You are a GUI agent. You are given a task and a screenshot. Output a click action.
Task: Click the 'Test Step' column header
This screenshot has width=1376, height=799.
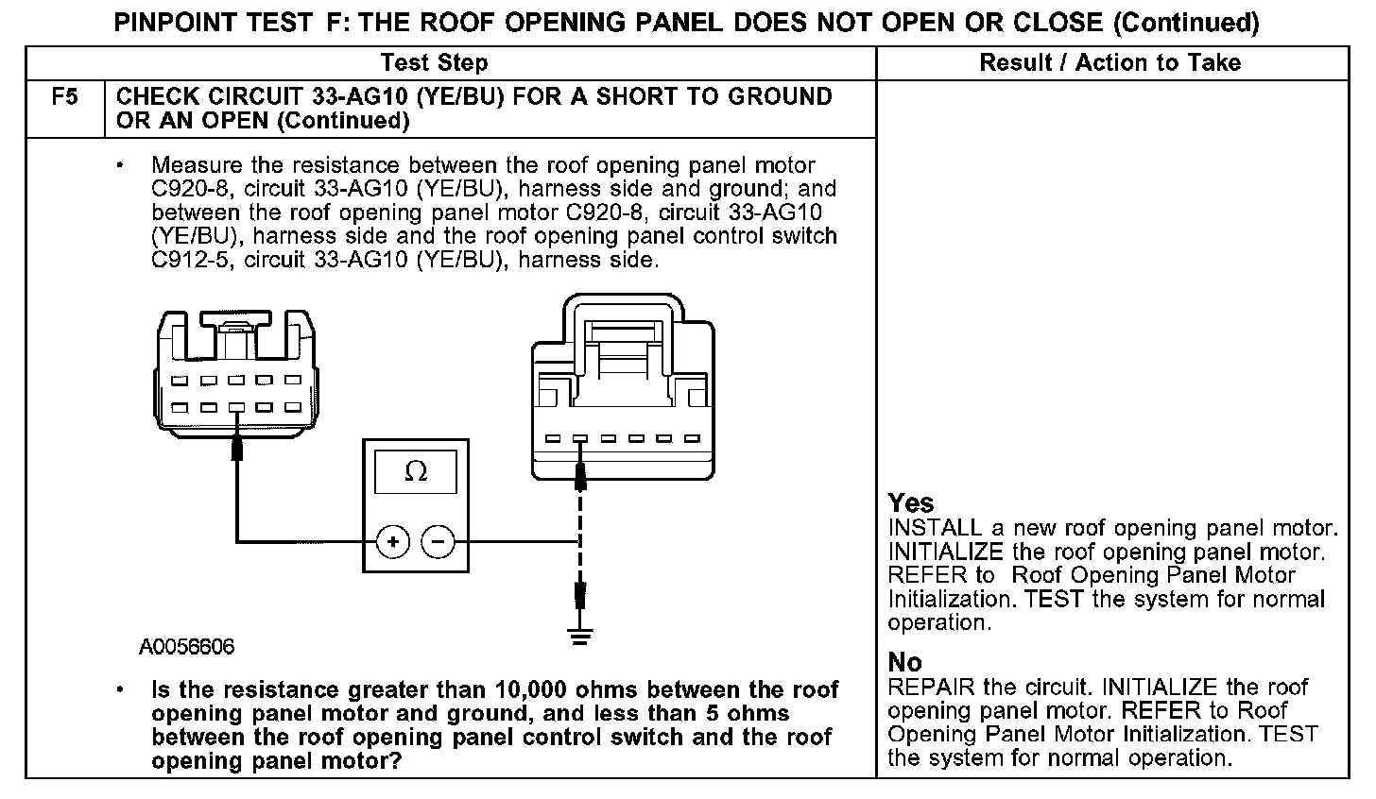434,63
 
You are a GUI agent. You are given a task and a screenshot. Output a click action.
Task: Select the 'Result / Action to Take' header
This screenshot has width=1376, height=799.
1110,63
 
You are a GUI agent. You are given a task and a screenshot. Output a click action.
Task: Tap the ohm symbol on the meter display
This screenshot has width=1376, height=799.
415,471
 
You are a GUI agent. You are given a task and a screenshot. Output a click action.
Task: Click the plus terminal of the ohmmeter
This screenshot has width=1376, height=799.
392,541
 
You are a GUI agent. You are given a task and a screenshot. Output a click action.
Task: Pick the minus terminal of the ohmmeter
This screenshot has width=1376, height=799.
438,541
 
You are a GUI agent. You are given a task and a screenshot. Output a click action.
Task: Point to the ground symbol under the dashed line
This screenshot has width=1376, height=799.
580,635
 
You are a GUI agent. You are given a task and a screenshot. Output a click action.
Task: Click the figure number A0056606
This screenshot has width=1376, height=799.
187,648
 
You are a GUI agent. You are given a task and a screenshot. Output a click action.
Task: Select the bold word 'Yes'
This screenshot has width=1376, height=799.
911,503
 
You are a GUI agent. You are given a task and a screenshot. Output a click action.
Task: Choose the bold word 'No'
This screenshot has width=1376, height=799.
904,662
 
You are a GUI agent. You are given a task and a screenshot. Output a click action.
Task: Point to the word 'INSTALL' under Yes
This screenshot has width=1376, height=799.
935,528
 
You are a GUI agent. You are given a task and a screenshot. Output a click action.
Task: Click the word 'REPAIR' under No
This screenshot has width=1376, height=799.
929,687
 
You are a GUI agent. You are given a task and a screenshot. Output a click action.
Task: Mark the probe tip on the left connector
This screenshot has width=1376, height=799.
235,446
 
